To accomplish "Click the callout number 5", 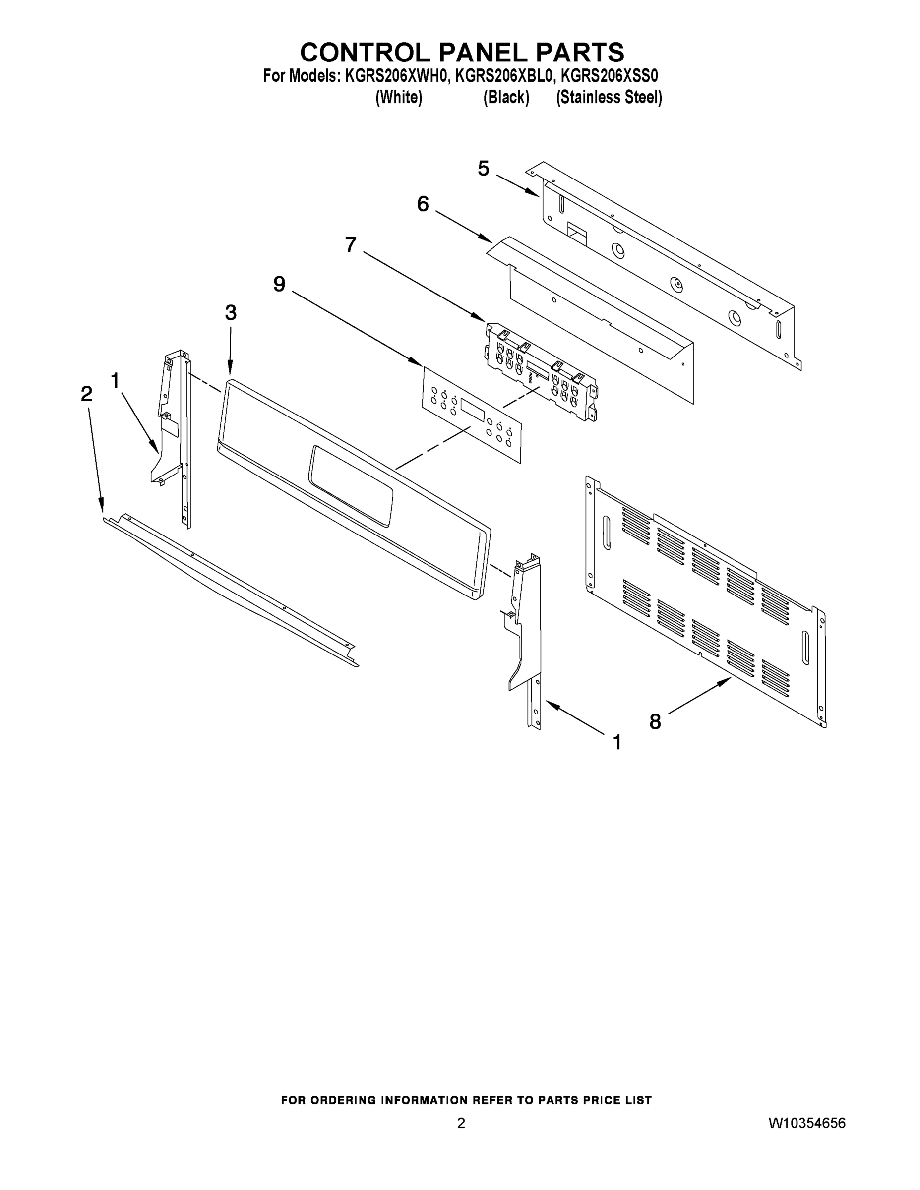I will coord(484,169).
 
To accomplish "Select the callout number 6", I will coord(423,204).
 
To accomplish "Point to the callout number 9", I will coord(279,284).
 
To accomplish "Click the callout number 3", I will coord(231,313).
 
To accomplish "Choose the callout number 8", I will coord(655,722).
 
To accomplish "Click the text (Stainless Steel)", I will coord(609,98).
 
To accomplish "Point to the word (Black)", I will coord(506,98).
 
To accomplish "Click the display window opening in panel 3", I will coord(351,485).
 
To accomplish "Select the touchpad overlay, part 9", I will coord(472,415).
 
